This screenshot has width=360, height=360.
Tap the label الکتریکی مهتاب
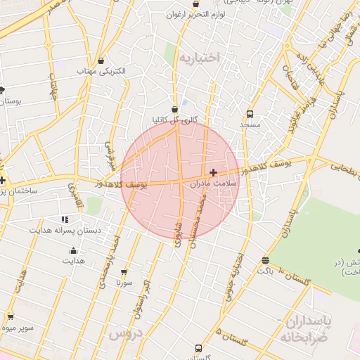pos(102,71)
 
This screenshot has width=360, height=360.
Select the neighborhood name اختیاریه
pos(200,56)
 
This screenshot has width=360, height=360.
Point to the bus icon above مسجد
pos(250,114)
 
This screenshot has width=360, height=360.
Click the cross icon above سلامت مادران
pos(213,172)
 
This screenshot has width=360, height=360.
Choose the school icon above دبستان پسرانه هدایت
pos(65,219)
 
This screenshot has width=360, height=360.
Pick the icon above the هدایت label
pos(73,250)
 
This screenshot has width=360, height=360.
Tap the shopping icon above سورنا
pos(124,271)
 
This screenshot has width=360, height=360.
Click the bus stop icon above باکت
pos(264,259)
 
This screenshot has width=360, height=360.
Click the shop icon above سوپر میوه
pos(9,317)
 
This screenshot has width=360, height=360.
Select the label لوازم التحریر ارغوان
pos(196,14)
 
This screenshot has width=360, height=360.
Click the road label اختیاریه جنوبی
pos(233,276)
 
